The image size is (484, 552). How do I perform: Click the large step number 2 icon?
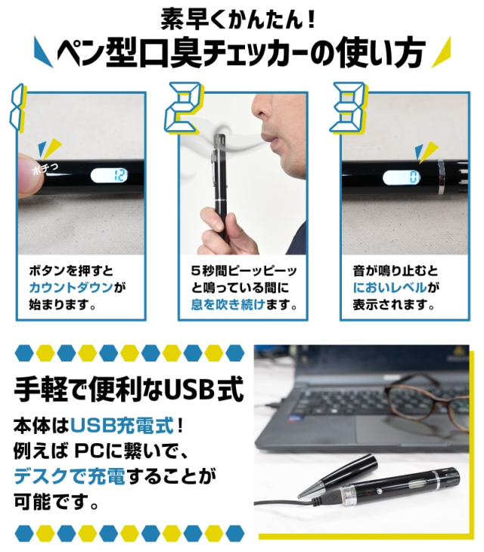pos(183,108)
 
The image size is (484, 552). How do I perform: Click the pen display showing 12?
pos(109,175)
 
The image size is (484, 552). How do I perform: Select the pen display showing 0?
pos(402,177)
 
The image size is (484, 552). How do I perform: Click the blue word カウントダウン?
pos(71,287)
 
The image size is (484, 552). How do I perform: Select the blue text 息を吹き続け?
pos(228,304)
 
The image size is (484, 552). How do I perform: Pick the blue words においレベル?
pos(389,287)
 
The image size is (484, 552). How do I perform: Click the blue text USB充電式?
pos(123,425)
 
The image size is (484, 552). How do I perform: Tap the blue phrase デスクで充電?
pos(70,476)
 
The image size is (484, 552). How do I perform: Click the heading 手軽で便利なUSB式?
pos(129,389)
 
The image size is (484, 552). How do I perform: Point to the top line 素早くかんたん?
pos(237,18)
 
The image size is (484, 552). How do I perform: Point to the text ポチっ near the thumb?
pos(45,169)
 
